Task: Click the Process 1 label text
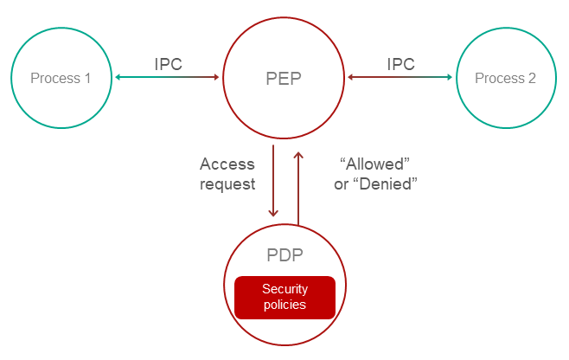[x=61, y=79]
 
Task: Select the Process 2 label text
[x=506, y=79]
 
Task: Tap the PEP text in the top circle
[x=284, y=79]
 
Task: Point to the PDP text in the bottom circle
[x=284, y=258]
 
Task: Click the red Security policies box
[x=284, y=297]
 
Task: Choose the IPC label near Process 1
[x=168, y=64]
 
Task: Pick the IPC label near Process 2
[x=400, y=64]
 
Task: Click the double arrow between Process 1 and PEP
[x=167, y=79]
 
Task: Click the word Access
[x=227, y=164]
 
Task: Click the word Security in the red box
[x=284, y=289]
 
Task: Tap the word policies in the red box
[x=284, y=305]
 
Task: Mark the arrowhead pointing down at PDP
[x=273, y=212]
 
